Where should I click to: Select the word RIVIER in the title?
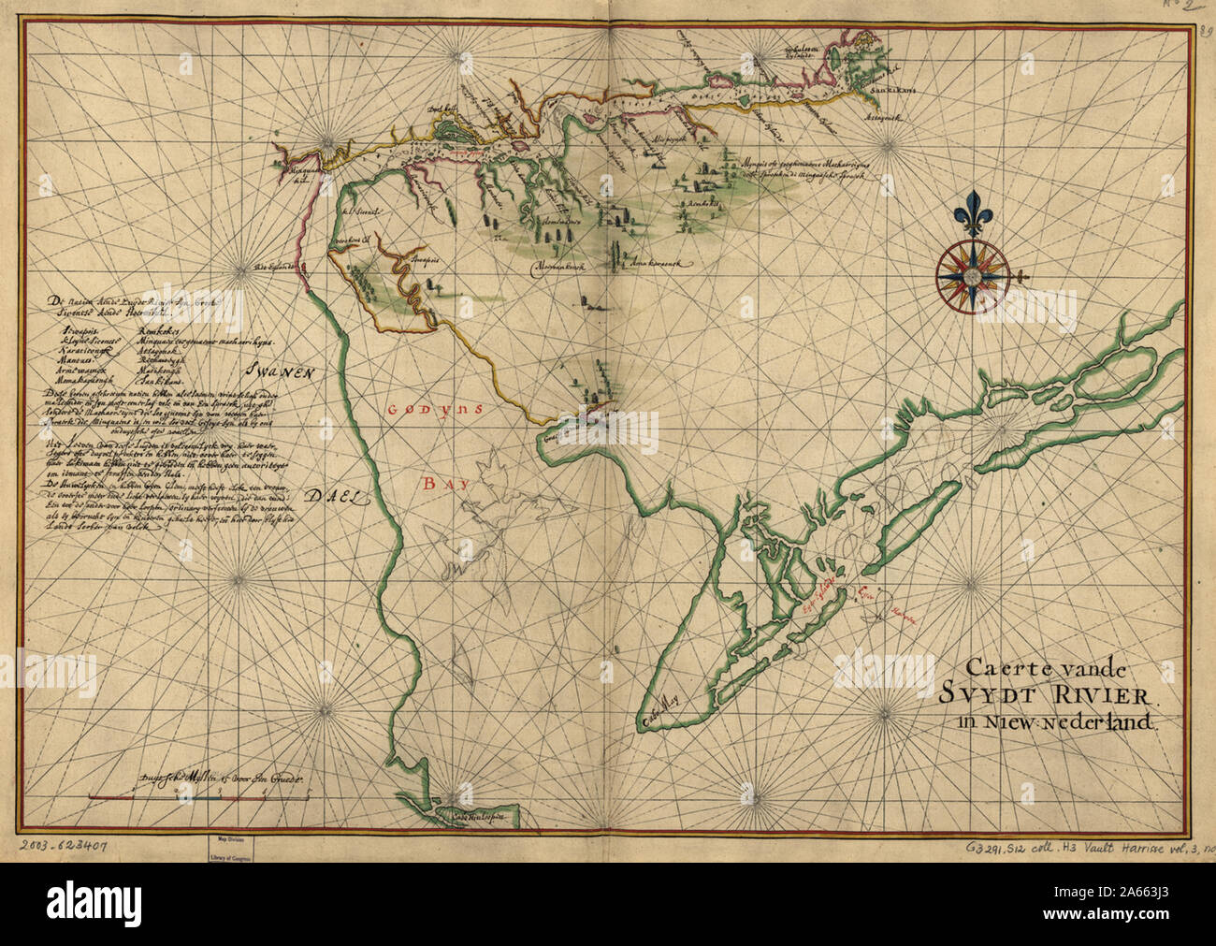1100,695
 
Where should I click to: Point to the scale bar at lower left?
198,796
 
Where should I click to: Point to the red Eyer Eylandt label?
821,593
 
